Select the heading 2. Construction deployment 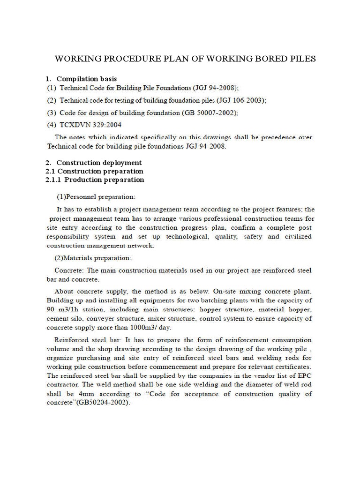[x=94, y=163]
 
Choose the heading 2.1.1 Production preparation [x=95, y=180]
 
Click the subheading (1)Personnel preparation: [x=96, y=196]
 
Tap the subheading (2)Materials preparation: [x=94, y=258]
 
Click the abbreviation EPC [x=305, y=376]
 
